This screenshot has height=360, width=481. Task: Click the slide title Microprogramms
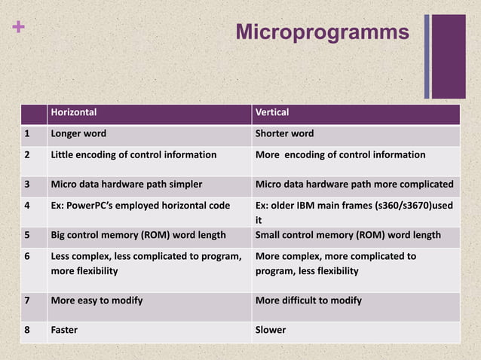(322, 32)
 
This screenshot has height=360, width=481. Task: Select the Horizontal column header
(73, 113)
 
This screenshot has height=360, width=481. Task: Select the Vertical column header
(272, 113)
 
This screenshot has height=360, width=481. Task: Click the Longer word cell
(78, 134)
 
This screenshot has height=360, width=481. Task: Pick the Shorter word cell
(284, 134)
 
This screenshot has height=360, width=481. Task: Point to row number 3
(26, 184)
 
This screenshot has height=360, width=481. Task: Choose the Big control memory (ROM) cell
(138, 235)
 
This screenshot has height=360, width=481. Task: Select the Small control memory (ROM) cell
(348, 235)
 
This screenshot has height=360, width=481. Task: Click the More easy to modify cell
(97, 301)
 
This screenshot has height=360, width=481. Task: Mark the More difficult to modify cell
(308, 301)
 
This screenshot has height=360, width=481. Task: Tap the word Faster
(64, 330)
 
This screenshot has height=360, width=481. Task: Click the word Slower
(271, 330)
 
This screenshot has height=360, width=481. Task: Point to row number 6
(26, 257)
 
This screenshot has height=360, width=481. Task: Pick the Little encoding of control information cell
(133, 155)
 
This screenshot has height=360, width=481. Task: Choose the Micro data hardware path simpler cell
(126, 184)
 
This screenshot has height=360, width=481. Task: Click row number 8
(26, 330)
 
